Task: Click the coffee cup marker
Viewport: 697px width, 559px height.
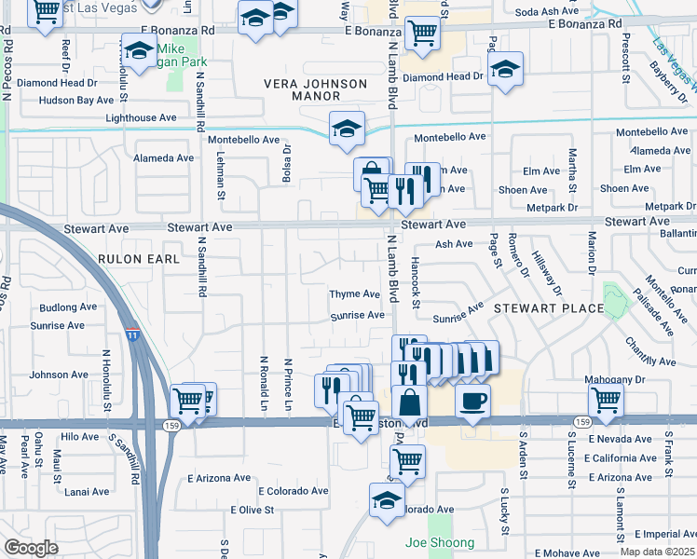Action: tap(472, 401)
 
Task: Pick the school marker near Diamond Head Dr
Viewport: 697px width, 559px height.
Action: tap(505, 69)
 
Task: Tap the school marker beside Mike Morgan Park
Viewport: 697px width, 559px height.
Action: tap(139, 52)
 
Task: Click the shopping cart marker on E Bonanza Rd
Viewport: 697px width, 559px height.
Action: tap(422, 33)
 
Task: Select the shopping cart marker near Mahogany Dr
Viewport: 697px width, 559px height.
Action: tap(606, 401)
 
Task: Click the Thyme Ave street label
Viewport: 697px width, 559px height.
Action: tap(354, 294)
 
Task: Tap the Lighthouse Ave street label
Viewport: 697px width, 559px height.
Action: tap(141, 118)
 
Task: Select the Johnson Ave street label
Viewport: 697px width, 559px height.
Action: tap(59, 375)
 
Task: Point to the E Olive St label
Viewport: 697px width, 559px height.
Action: tap(252, 510)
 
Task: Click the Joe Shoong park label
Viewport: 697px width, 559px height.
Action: tap(439, 542)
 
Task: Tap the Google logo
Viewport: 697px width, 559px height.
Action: tap(31, 547)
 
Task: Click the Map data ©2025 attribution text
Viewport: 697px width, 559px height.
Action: tap(658, 552)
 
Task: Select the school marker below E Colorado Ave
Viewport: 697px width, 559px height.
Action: tap(386, 499)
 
